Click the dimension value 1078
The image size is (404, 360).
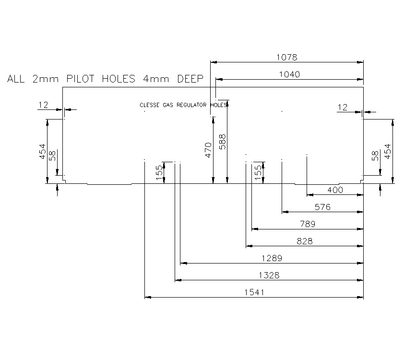(x=287, y=57)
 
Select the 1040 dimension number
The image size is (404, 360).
(x=290, y=74)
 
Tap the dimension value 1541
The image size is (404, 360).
(x=254, y=292)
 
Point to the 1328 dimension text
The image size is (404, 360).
(x=269, y=275)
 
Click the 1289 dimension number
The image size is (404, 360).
(x=272, y=258)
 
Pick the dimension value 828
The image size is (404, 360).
(x=305, y=241)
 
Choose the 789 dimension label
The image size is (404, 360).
(x=308, y=224)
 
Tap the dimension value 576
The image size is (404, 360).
(x=322, y=207)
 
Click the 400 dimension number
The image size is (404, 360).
(x=335, y=190)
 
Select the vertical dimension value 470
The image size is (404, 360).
(x=208, y=150)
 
